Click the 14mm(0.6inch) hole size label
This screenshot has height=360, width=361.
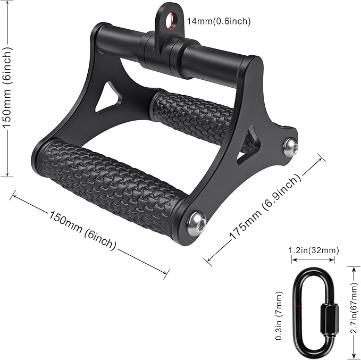point(219,21)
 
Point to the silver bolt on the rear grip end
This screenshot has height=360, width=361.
point(290,147)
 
